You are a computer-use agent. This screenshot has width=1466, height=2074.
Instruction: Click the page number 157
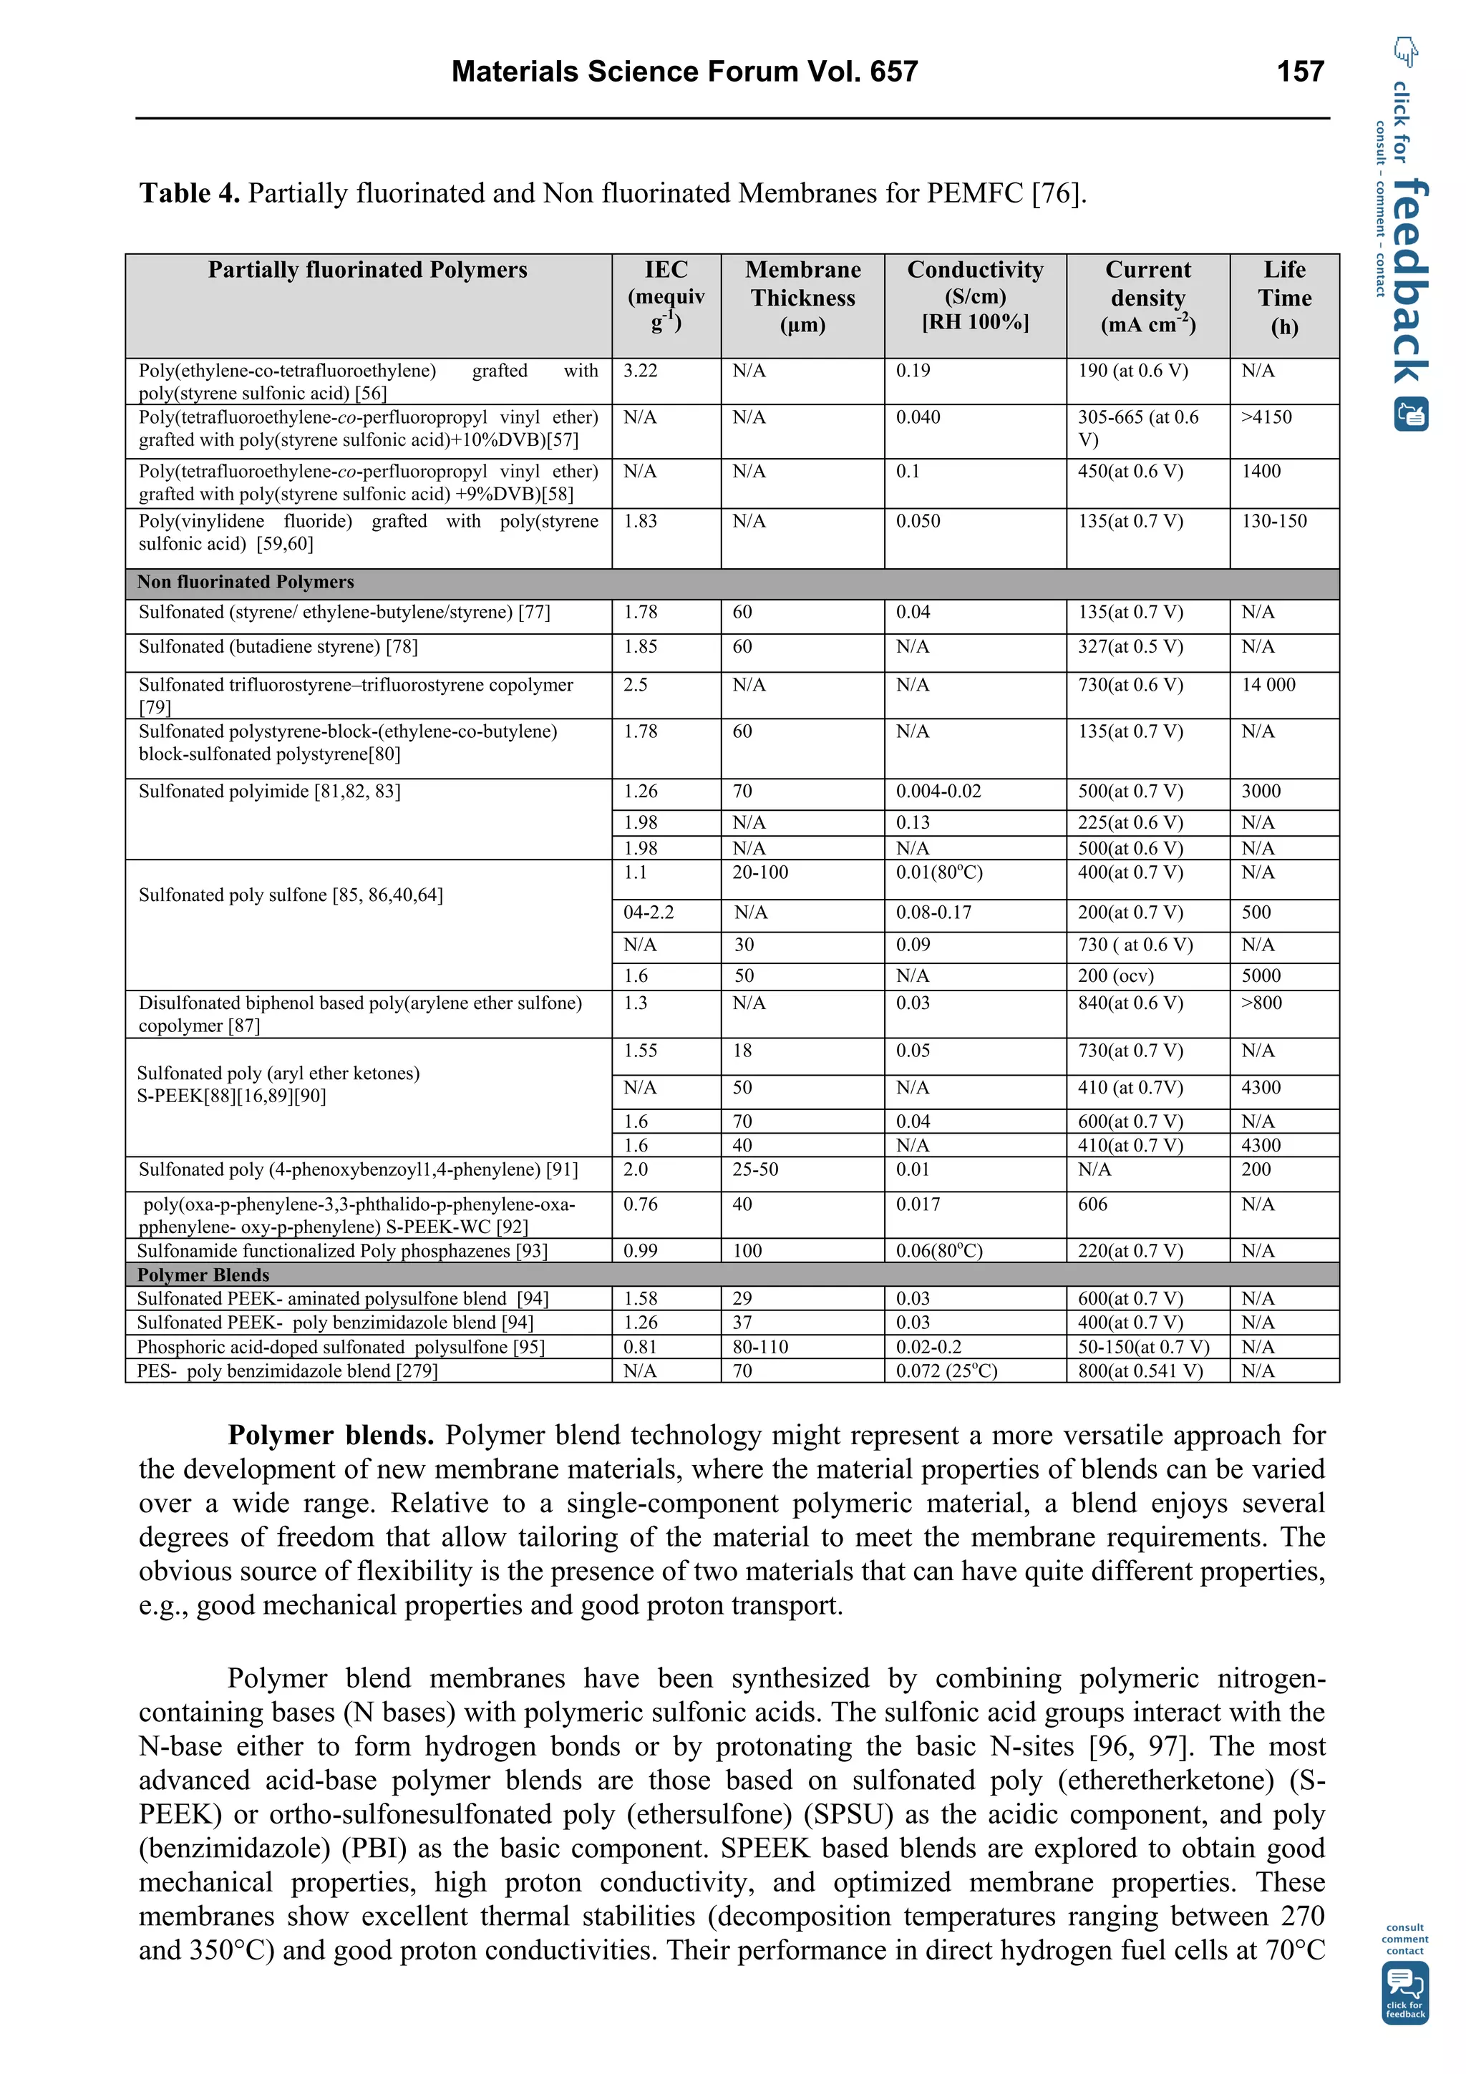coord(1299,72)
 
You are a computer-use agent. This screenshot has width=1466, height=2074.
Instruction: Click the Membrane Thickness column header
coord(802,297)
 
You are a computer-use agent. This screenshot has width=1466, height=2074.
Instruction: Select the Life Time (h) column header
coord(1283,297)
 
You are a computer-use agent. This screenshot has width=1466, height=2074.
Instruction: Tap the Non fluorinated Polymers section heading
coord(245,583)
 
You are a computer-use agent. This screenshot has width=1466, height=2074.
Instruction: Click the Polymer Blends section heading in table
coord(203,1275)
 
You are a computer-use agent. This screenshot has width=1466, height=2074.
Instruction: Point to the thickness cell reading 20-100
coord(759,872)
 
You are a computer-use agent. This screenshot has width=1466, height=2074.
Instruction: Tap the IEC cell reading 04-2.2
coord(648,912)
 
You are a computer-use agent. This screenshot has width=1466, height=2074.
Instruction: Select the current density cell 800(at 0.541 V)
coord(1139,1371)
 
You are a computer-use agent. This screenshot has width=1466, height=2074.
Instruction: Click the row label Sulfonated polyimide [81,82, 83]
coord(269,792)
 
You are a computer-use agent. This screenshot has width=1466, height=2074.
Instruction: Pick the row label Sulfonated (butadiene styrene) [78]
coord(277,647)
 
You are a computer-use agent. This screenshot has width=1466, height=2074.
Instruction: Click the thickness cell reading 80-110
coord(759,1347)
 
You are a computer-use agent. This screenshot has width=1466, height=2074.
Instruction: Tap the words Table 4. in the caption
coord(189,193)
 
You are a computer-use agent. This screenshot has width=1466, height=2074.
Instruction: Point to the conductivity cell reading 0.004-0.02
coord(938,792)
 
